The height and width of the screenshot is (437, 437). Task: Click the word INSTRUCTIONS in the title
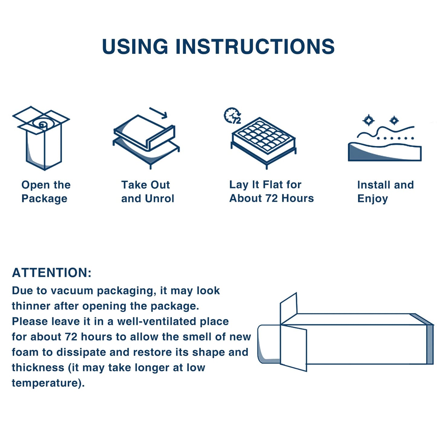(255, 47)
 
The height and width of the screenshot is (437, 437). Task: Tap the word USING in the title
(135, 47)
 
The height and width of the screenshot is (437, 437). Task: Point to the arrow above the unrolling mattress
(158, 113)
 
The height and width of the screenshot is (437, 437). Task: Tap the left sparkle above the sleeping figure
(368, 120)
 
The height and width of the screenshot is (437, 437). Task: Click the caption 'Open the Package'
(46, 192)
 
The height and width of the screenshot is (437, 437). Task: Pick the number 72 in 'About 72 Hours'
(271, 198)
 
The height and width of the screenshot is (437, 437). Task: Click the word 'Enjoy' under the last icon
(372, 199)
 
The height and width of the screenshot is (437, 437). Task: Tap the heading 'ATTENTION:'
(52, 273)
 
